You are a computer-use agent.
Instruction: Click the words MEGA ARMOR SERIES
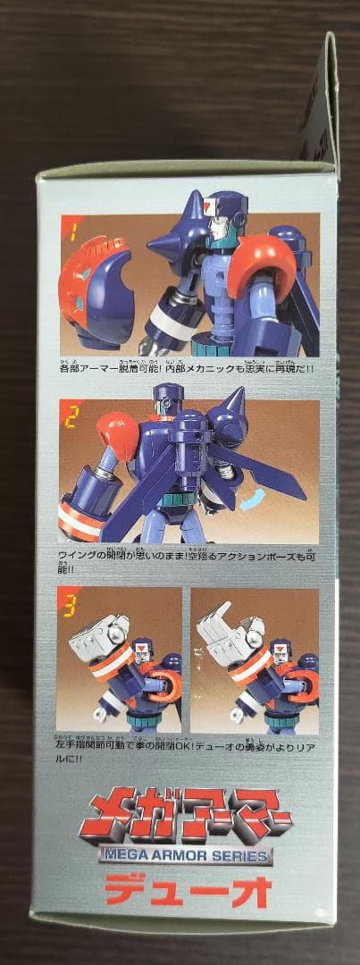point(187,852)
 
